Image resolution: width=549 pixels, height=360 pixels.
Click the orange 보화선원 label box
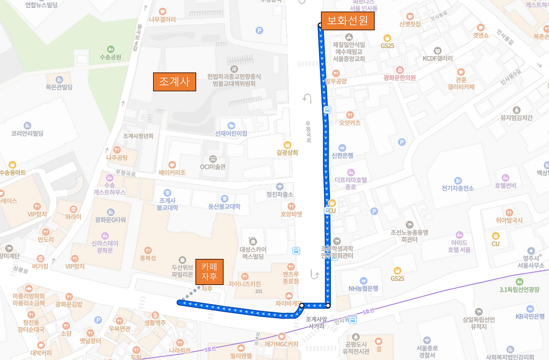pos(347,21)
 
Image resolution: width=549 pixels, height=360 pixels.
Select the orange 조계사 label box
pos(175,81)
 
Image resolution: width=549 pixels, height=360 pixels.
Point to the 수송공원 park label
pos(111,57)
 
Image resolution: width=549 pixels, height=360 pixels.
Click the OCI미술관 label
pos(213,167)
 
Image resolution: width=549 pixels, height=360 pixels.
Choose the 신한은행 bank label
pos(342,155)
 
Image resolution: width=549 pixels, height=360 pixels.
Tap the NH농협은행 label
pos(363,288)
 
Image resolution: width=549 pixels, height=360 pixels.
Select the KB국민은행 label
pos(531,317)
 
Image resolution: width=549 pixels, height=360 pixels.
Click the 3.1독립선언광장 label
pos(519,289)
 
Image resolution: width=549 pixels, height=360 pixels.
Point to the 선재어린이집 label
pos(231,133)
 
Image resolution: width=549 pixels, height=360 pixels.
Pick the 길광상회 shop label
pos(287,152)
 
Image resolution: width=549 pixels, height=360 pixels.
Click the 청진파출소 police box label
pos(280,194)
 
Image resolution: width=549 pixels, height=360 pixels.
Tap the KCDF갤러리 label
pos(437,58)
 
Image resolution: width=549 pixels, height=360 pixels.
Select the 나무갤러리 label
pos(162,19)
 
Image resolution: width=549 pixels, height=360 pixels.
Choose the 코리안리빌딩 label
pos(27,133)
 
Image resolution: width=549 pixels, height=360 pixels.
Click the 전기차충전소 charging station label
pos(458,188)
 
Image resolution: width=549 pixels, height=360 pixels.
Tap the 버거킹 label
pos(40,266)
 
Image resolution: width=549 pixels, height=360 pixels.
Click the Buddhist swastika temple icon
pos(234,69)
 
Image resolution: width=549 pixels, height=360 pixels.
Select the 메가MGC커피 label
pos(281,343)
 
